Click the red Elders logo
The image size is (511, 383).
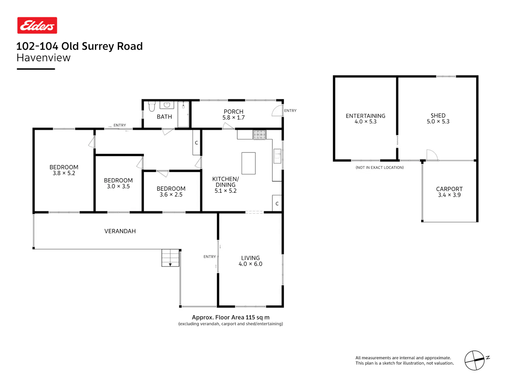(x=37, y=25)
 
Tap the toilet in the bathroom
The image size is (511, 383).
(x=152, y=106)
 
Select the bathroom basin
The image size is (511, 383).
(x=167, y=105)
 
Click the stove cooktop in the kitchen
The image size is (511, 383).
(x=259, y=134)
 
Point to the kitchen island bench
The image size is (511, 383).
(x=248, y=163)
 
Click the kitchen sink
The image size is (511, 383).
(x=277, y=156)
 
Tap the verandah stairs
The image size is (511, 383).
(x=170, y=258)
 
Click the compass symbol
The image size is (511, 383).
(x=475, y=360)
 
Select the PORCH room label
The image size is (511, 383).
(x=233, y=112)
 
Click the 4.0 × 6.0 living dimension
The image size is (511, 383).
(x=250, y=264)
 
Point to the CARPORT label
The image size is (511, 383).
(x=449, y=189)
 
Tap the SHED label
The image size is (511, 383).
(x=438, y=115)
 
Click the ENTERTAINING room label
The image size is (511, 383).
(x=366, y=116)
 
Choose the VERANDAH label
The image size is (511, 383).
(x=120, y=231)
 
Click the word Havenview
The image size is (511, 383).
(x=44, y=58)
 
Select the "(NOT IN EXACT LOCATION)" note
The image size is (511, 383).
(x=380, y=167)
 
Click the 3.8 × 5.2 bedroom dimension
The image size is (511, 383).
(x=64, y=173)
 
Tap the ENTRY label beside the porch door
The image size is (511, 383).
(x=290, y=111)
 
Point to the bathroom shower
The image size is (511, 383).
(x=183, y=114)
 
